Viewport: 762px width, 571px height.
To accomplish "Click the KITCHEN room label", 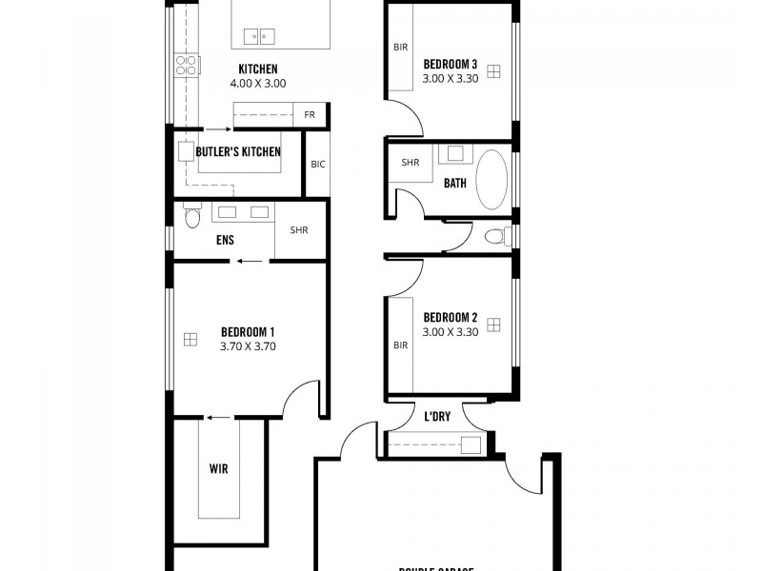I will pos(258,69).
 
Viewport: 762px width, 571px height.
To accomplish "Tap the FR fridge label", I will pos(310,114).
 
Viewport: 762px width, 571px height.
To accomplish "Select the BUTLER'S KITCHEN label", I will pos(238,151).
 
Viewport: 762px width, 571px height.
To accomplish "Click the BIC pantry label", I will pos(318,164).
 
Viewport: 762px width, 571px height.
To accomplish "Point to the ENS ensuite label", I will pos(226,241).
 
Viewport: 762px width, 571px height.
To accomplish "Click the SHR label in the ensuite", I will pos(299,230).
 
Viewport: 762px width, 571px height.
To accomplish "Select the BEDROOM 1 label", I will pos(248,331).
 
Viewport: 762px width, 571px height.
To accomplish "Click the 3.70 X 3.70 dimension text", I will pos(248,346).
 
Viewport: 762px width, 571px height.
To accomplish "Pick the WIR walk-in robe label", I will pos(219,469).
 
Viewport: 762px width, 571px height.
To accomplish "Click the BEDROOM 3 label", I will pos(450,64).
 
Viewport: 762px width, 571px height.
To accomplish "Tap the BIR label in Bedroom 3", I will pos(401,47).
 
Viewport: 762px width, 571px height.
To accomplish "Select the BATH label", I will pos(455,183).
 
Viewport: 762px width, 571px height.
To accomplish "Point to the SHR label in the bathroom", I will pos(411,163).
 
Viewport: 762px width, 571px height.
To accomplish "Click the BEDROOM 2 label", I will pos(450,317).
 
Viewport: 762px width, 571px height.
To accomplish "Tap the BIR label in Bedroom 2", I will pos(401,345).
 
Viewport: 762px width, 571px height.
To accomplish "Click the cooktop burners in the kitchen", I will pos(186,65).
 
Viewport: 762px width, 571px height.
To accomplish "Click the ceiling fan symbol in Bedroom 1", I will pos(190,338).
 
